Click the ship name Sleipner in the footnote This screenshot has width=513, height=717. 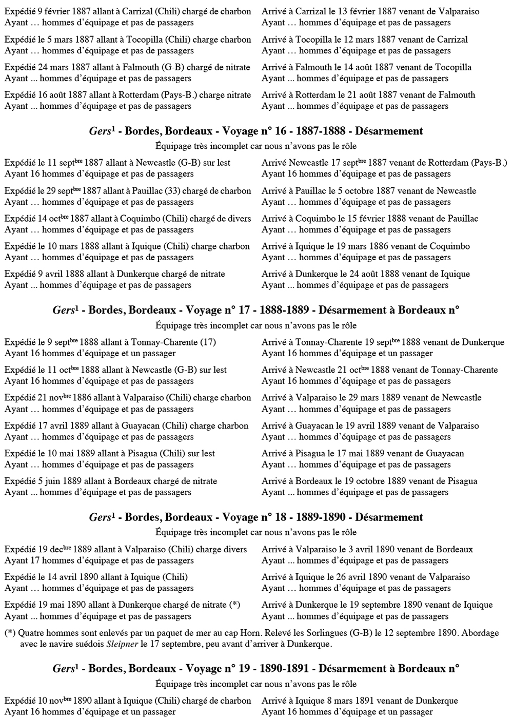(122, 644)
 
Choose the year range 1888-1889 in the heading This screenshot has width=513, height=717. (284, 310)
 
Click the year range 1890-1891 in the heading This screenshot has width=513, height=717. (284, 669)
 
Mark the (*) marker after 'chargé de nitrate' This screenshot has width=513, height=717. (234, 605)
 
